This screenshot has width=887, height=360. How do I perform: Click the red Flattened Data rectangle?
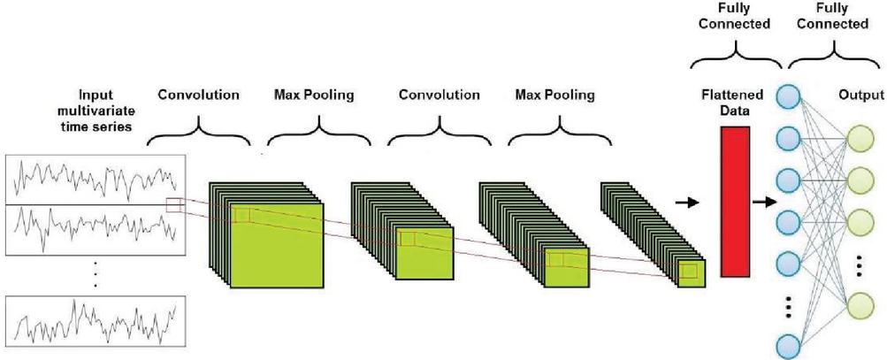[x=735, y=202]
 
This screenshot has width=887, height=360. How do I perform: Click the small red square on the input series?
[x=174, y=206]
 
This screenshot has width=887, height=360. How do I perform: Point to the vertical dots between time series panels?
[x=95, y=272]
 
